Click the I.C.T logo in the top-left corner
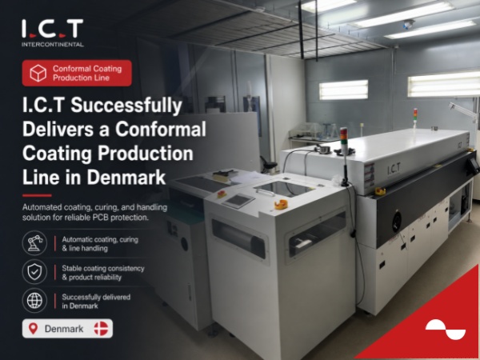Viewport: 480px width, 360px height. (52, 29)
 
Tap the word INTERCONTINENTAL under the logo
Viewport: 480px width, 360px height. (52, 44)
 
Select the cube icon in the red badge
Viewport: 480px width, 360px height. (38, 73)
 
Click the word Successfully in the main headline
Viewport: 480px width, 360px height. (126, 105)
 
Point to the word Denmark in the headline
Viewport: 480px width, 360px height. (126, 178)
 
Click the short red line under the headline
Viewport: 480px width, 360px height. (37, 195)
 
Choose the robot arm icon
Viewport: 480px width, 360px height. (34, 242)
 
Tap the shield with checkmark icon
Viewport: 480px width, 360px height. (34, 271)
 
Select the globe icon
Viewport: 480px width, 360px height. (34, 300)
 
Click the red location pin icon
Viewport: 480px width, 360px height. (33, 329)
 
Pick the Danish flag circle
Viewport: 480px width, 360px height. (101, 329)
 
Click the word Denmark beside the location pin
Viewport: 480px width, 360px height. (64, 329)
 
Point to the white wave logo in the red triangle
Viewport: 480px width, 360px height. (446, 330)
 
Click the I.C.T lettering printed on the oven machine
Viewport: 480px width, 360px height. (394, 169)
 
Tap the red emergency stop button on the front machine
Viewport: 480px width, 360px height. (222, 194)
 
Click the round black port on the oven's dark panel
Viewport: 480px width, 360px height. (397, 220)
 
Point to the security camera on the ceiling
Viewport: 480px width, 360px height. (408, 24)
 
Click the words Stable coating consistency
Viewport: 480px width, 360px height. (103, 269)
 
